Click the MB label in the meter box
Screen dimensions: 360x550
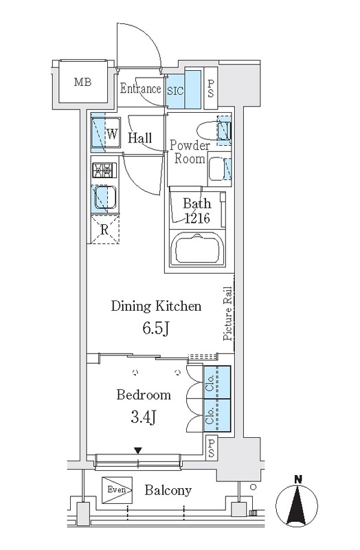pos(82,82)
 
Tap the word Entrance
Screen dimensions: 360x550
pos(140,89)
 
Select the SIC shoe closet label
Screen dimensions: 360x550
pos(175,91)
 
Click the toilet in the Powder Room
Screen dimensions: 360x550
pos(214,131)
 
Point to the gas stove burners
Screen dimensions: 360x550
pos(104,170)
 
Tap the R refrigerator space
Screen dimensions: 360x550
pos(104,230)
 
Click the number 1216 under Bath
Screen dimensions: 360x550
pos(197,218)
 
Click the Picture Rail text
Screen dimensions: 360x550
pos(228,313)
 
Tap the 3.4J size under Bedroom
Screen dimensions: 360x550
pos(143,417)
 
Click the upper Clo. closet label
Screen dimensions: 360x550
pos(210,383)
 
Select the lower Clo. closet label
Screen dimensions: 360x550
pos(210,417)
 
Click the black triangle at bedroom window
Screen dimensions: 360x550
pos(139,450)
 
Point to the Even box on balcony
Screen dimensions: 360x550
pos(117,490)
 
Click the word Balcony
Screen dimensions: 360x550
pos(168,490)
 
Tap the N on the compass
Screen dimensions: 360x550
pos(298,478)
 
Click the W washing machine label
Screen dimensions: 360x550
pos(112,133)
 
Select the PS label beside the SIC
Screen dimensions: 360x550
pos(211,89)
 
